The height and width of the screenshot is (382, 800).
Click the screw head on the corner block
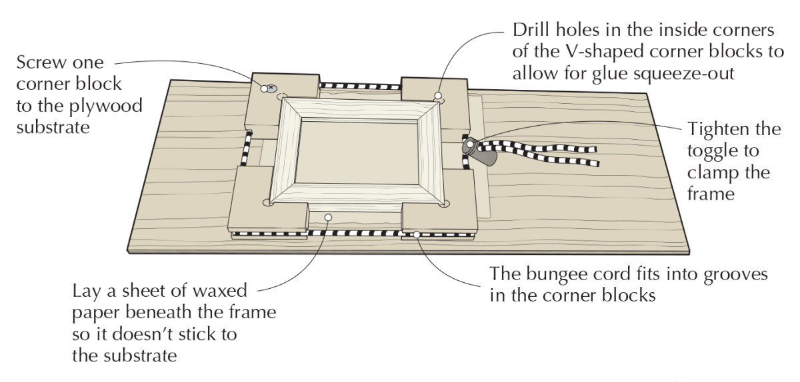(272, 87)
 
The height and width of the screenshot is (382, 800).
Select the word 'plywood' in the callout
(99, 106)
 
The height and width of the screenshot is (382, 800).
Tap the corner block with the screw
(280, 103)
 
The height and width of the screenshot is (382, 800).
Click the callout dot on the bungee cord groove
(417, 234)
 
